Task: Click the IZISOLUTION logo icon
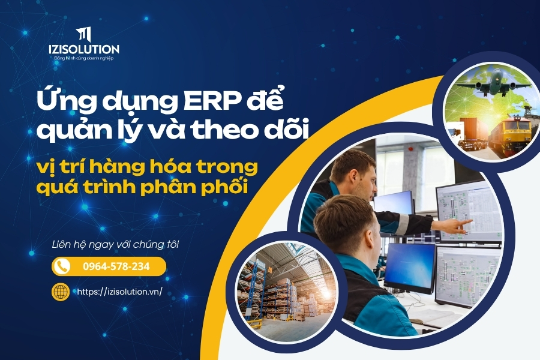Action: tap(83, 34)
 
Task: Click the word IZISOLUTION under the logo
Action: tap(83, 49)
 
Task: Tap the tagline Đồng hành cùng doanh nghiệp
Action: tap(83, 58)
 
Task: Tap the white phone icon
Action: tap(62, 266)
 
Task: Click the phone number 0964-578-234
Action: tap(116, 266)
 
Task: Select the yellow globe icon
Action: tap(61, 292)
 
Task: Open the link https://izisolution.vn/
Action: tap(119, 292)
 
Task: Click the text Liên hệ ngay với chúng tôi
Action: tap(115, 245)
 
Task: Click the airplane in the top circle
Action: tap(494, 83)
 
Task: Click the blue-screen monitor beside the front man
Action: tap(410, 267)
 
